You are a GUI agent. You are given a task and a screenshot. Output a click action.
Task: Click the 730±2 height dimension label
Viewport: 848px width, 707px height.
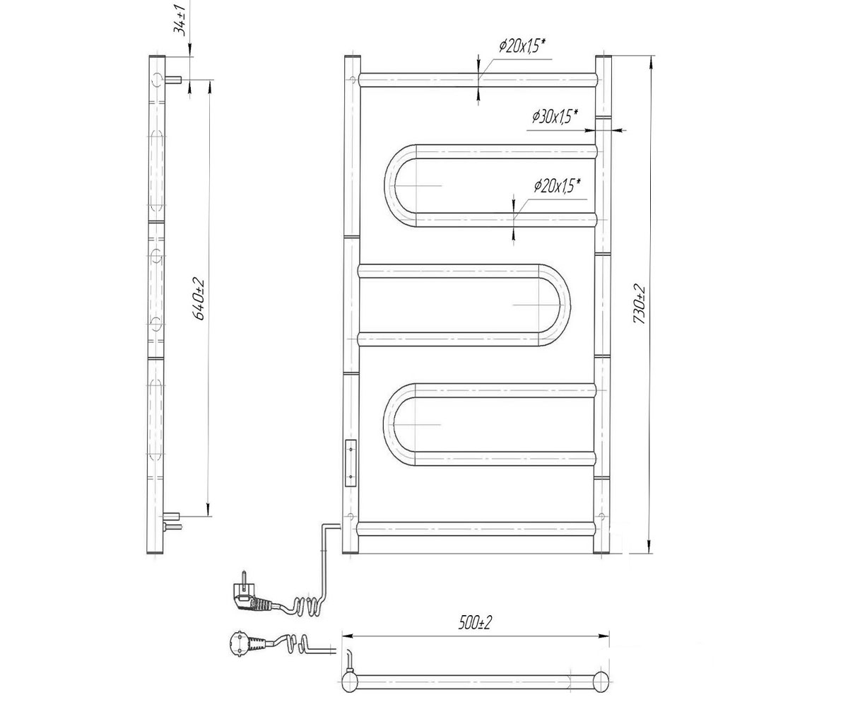639,304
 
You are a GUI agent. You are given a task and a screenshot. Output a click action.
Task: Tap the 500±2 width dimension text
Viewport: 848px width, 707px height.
475,622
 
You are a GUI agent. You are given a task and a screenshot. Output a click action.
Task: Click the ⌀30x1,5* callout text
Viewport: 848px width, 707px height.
555,117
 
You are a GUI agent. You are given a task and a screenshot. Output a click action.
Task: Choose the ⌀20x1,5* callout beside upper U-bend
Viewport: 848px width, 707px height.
557,187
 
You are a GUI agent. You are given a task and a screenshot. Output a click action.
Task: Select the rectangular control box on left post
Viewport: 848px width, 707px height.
351,463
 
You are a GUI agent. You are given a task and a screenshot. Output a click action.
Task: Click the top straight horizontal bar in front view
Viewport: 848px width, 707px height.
478,80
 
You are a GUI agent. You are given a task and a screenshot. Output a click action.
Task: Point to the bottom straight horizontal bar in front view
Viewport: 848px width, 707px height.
476,529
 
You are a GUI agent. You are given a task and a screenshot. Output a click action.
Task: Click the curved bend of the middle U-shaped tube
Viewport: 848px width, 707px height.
560,305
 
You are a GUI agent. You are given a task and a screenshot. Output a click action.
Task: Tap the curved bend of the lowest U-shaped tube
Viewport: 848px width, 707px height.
394,425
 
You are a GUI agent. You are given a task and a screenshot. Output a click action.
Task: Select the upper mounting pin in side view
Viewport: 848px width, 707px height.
172,80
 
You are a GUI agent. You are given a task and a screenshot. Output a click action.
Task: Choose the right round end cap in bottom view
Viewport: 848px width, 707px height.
601,683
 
